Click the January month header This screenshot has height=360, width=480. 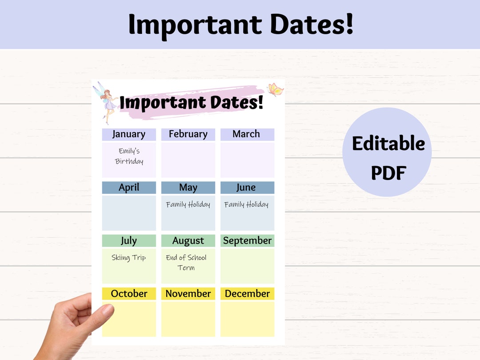tap(129, 134)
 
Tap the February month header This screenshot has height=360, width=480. tap(188, 134)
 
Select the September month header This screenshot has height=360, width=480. tap(247, 241)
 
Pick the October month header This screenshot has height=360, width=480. tap(129, 294)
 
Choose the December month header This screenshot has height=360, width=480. tap(247, 294)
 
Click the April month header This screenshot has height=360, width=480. tap(129, 188)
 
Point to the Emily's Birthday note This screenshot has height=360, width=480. tap(129, 156)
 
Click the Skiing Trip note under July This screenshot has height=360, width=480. tap(129, 258)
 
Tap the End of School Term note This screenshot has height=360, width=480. tap(187, 263)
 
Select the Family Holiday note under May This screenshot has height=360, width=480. tap(188, 205)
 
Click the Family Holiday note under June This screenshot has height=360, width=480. tap(247, 205)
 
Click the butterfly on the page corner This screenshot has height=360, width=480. tap(275, 90)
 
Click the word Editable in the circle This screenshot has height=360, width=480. tap(388, 144)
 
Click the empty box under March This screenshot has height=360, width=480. tap(247, 160)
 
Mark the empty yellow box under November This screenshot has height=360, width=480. tap(188, 319)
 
